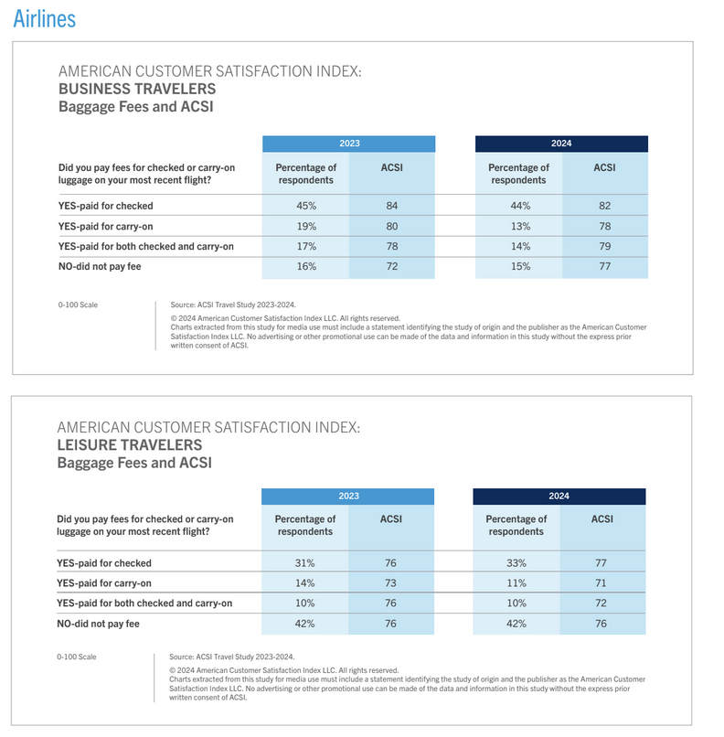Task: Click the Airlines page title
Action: coord(44,17)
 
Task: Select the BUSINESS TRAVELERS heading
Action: coord(137,89)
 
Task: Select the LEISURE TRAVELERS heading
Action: coord(130,444)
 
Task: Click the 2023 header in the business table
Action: coord(349,143)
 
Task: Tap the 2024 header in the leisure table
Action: coord(559,496)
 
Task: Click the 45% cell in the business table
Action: coord(306,206)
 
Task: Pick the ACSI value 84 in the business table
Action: coord(392,206)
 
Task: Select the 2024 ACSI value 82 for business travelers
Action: coord(604,206)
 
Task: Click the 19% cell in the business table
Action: coord(306,226)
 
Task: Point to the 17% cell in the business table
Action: coord(306,246)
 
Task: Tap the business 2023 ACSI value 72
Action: coord(392,266)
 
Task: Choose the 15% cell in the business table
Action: coord(518,266)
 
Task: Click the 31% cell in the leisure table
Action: coord(304,563)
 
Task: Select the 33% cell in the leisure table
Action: coord(516,563)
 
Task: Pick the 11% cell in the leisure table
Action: coord(516,582)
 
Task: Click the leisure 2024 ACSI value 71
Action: coord(602,582)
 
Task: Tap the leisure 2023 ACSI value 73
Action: coord(390,582)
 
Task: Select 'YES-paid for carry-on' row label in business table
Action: coord(105,226)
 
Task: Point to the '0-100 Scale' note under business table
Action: coord(78,304)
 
